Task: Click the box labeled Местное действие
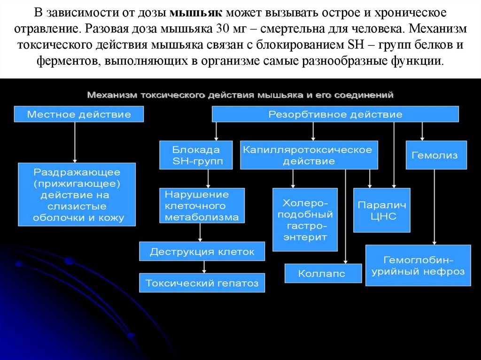coord(79,114)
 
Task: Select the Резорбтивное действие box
coord(335,114)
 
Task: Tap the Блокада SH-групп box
coord(196,155)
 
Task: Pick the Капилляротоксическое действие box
coord(309,155)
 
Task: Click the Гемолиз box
coord(436,155)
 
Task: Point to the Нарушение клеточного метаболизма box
coord(202,206)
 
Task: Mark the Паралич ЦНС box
coord(381,211)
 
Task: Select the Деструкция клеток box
coord(202,252)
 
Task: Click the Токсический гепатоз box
coord(202,283)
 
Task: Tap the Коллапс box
coord(323,273)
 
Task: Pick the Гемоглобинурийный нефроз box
coord(418,265)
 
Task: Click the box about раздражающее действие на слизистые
coord(76,195)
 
